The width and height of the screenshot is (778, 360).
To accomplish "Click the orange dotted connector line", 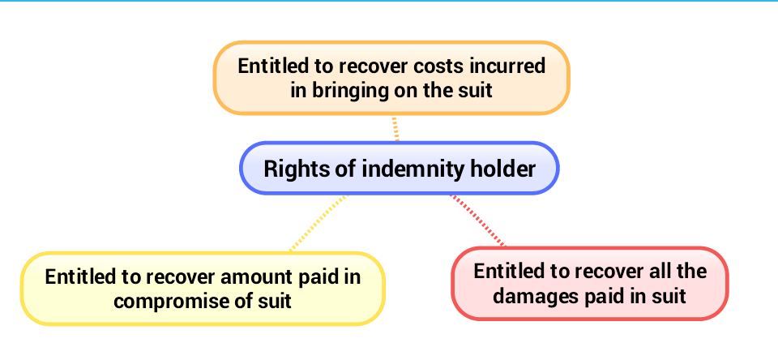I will click(395, 129).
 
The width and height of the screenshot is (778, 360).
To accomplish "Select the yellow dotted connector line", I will click(318, 223).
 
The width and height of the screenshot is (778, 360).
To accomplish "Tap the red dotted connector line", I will click(477, 220).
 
